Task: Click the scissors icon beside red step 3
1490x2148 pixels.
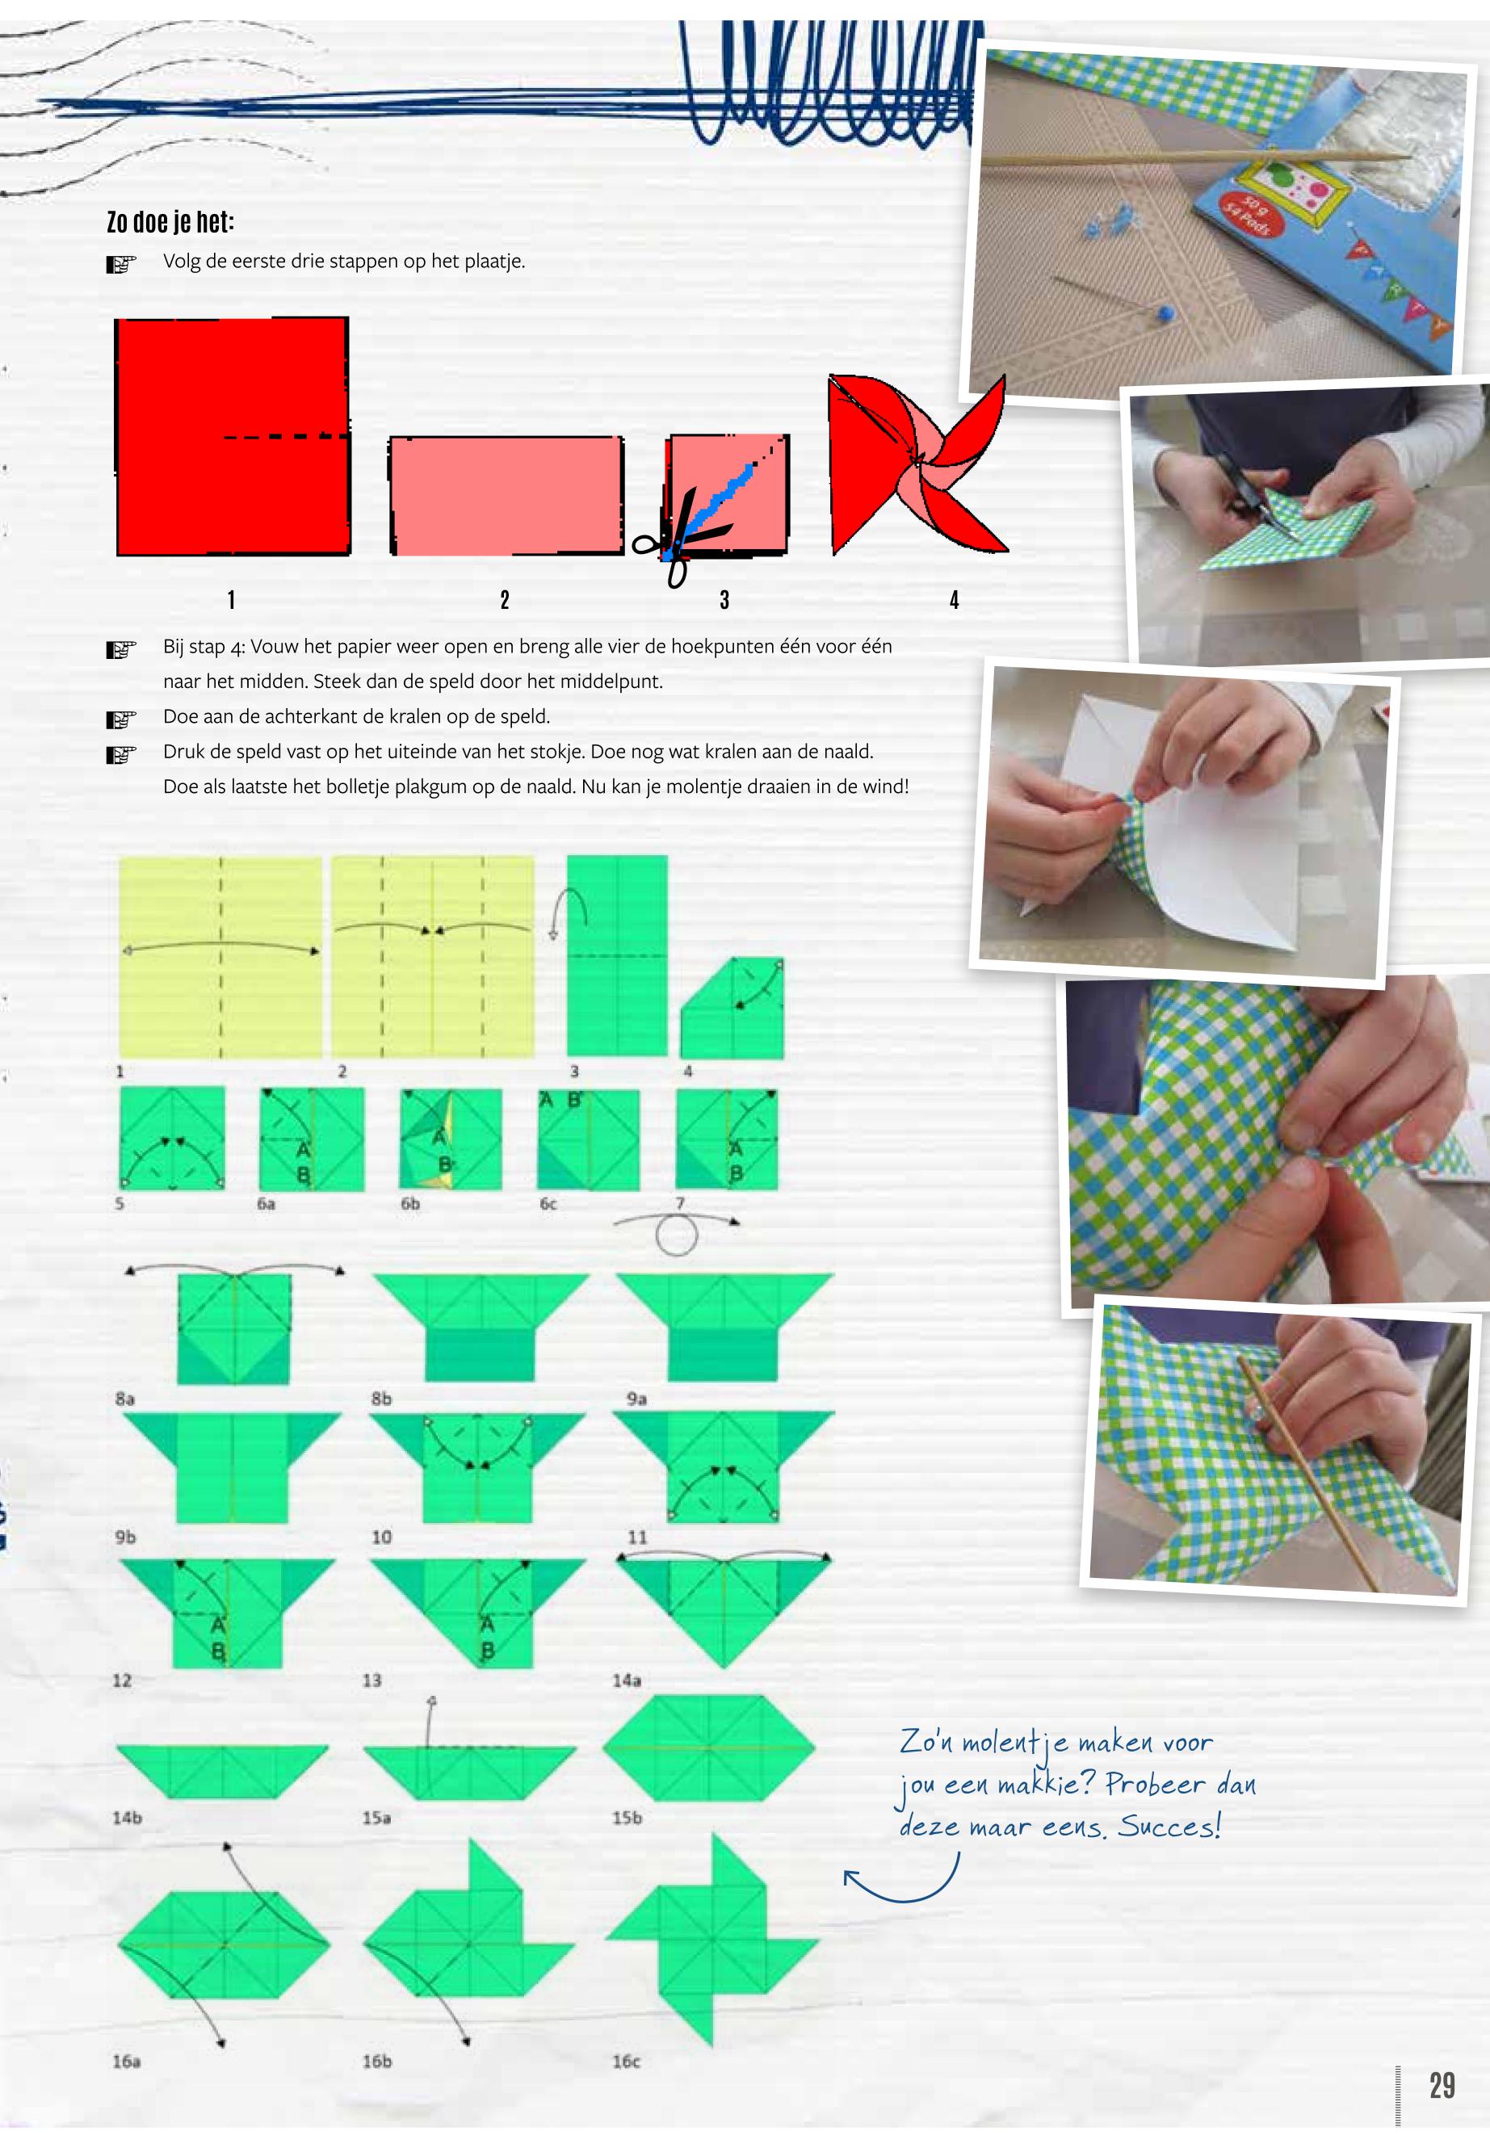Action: pyautogui.click(x=682, y=538)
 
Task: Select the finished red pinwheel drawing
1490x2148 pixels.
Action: pyautogui.click(x=917, y=464)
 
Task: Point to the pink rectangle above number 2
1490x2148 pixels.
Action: pyautogui.click(x=506, y=496)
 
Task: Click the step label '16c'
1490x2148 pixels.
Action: pyautogui.click(x=627, y=2061)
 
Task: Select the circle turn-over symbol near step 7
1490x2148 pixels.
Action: pyautogui.click(x=677, y=1234)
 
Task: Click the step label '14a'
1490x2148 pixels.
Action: pyautogui.click(x=627, y=1680)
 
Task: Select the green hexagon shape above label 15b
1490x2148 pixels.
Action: pyautogui.click(x=710, y=1747)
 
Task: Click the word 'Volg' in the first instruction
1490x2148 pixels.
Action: pyautogui.click(x=182, y=262)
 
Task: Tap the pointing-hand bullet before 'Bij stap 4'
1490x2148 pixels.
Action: pyautogui.click(x=121, y=648)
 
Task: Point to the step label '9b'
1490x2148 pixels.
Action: pyautogui.click(x=125, y=1537)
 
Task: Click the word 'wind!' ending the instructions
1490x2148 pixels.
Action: pyautogui.click(x=885, y=786)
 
